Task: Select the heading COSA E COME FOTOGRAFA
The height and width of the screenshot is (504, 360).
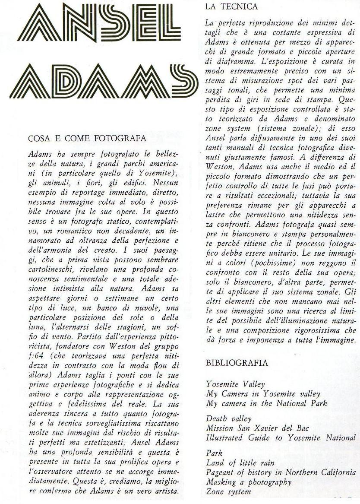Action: pos(87,139)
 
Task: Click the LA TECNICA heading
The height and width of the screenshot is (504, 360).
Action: pos(231,6)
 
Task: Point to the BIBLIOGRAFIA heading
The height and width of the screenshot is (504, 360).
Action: pos(237,363)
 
